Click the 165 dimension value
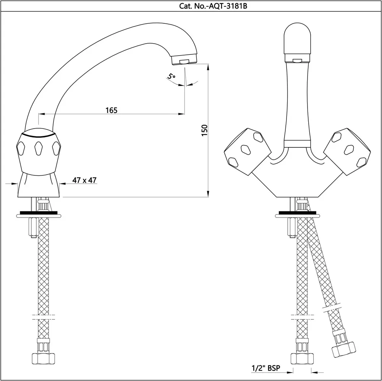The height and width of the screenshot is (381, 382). point(111,110)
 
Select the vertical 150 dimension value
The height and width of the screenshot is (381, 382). point(204,130)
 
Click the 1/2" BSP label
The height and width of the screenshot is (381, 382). point(265,368)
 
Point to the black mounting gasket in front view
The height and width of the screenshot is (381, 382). point(296,213)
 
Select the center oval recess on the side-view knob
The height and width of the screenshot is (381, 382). point(38,148)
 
